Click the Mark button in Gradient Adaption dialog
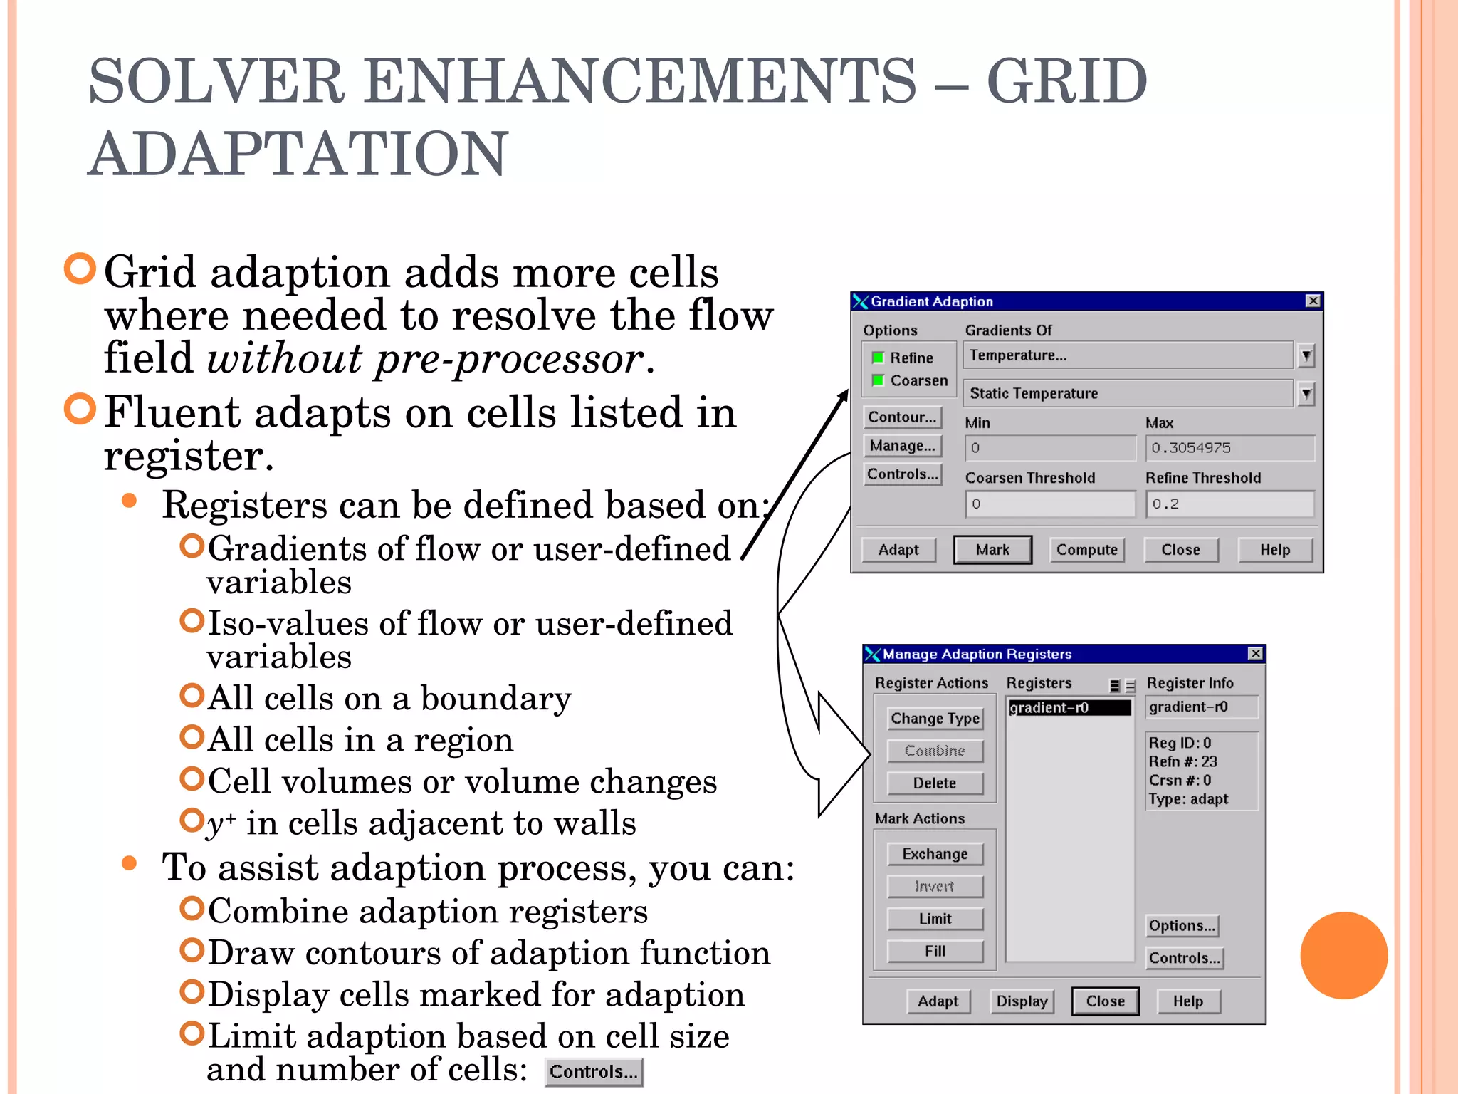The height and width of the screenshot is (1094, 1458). pyautogui.click(x=992, y=550)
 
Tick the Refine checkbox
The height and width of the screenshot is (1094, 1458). pyautogui.click(x=879, y=358)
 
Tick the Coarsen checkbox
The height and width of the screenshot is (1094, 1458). pyautogui.click(x=879, y=380)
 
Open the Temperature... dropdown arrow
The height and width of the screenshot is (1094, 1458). pyautogui.click(x=1306, y=355)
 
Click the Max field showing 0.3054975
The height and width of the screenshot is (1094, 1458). pyautogui.click(x=1229, y=448)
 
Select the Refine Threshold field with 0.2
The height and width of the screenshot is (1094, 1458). pyautogui.click(x=1229, y=504)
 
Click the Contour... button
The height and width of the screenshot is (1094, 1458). pyautogui.click(x=902, y=417)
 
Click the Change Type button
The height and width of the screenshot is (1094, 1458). pyautogui.click(x=935, y=719)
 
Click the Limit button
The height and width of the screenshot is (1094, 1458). pyautogui.click(x=935, y=919)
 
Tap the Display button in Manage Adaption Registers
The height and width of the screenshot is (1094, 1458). pyautogui.click(x=1022, y=1001)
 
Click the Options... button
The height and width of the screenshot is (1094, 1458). pyautogui.click(x=1182, y=926)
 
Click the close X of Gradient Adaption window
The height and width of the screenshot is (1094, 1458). pyautogui.click(x=1313, y=301)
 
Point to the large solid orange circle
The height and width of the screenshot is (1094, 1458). pyautogui.click(x=1343, y=955)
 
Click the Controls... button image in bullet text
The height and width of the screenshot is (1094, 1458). pyautogui.click(x=594, y=1072)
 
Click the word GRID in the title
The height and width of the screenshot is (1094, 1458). pyautogui.click(x=1066, y=82)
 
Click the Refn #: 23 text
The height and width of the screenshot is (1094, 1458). pyautogui.click(x=1182, y=761)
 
